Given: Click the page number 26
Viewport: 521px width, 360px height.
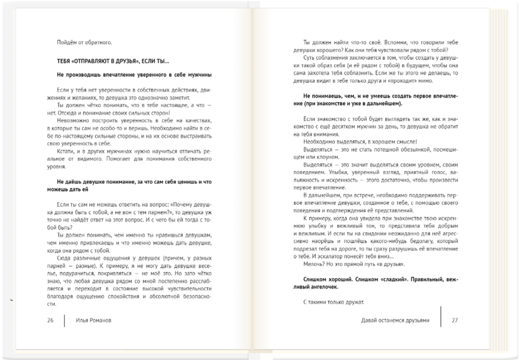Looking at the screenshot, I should [51, 320].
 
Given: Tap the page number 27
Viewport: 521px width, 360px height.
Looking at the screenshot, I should [454, 320].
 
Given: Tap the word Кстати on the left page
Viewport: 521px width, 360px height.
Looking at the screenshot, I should [65, 150].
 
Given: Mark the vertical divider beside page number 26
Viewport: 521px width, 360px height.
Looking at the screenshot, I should [65, 320].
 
